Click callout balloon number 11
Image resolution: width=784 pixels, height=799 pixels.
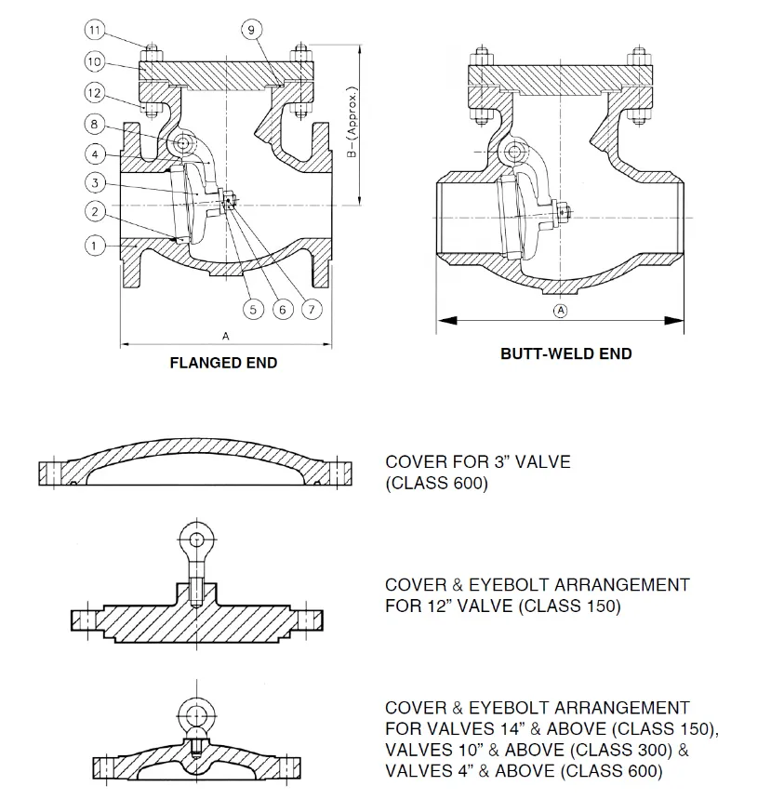pos(94,30)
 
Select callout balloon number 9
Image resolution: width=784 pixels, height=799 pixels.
pos(252,30)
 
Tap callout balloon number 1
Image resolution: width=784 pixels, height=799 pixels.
pos(94,246)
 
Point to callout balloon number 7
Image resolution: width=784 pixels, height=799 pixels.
pos(312,308)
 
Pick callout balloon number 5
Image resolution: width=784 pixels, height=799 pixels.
pos(252,308)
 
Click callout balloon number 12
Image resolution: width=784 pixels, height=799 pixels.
pos(94,92)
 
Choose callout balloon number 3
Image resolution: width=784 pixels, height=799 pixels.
pos(94,181)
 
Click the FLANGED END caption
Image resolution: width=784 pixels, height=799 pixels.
pos(223,363)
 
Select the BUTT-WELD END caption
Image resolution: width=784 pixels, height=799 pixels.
pos(565,353)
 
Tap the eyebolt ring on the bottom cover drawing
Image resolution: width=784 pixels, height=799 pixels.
pos(197,713)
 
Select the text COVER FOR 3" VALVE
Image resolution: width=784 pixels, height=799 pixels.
pos(478,461)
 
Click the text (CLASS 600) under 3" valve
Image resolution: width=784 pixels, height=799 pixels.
pos(436,484)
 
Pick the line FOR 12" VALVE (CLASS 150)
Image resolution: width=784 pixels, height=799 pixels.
pos(503,606)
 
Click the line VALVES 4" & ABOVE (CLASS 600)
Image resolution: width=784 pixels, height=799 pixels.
pos(524,771)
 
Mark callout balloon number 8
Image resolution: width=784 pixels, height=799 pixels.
pos(94,124)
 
